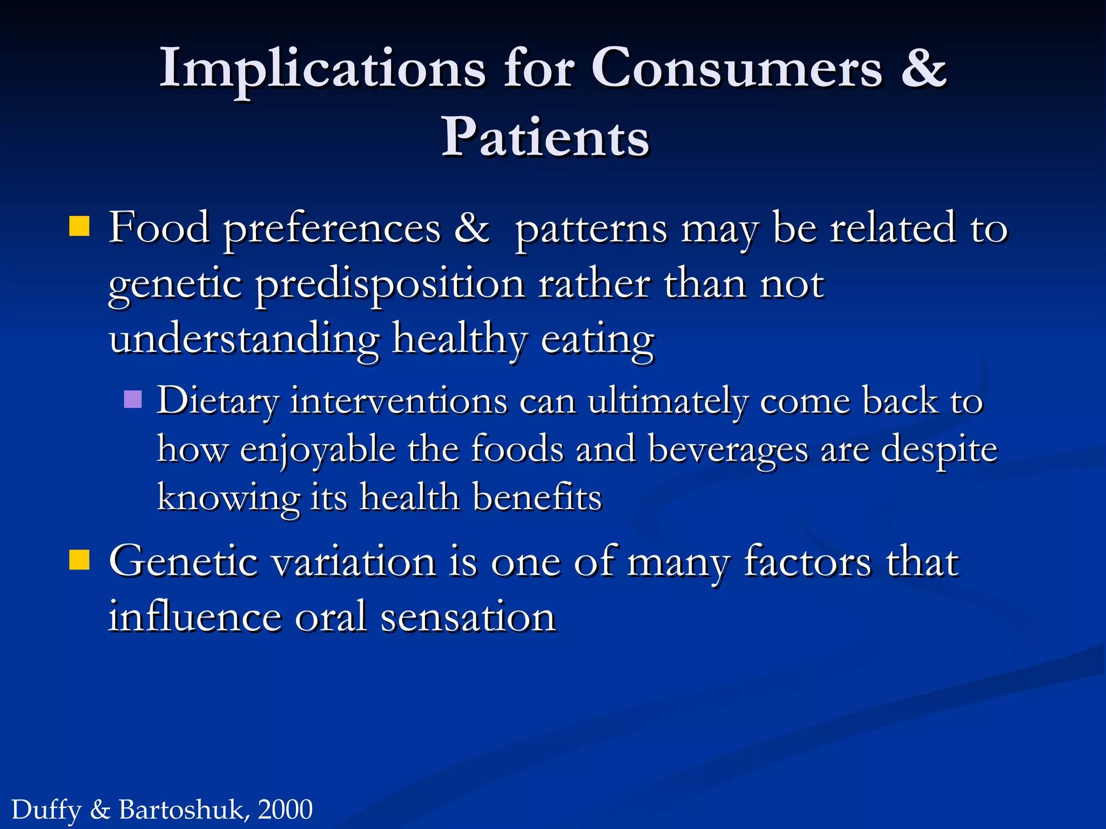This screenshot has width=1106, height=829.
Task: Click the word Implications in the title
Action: coord(322,69)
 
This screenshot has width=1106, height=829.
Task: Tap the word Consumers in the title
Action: coord(737,69)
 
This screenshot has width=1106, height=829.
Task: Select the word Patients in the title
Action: coord(545,138)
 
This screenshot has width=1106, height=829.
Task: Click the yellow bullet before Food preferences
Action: coord(79,227)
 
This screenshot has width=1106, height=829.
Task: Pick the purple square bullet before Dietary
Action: coord(132,399)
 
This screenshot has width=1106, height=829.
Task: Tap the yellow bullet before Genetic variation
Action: coord(79,560)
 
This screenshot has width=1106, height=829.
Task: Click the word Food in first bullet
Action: coord(159,228)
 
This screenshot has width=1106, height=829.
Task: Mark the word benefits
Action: coord(537,497)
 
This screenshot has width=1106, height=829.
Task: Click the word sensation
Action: coord(468,617)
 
